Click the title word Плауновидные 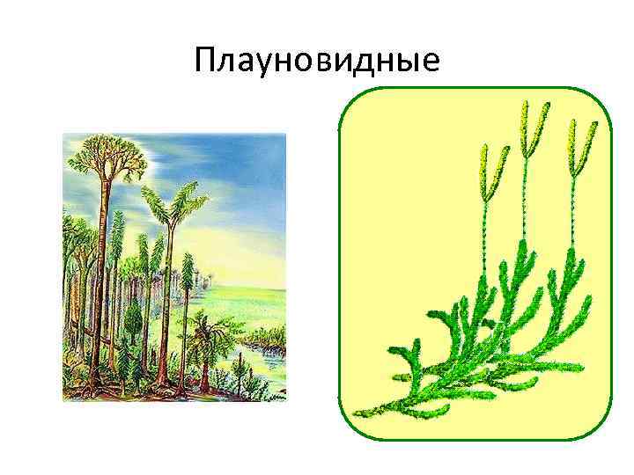317,62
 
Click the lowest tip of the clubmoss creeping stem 354,416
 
